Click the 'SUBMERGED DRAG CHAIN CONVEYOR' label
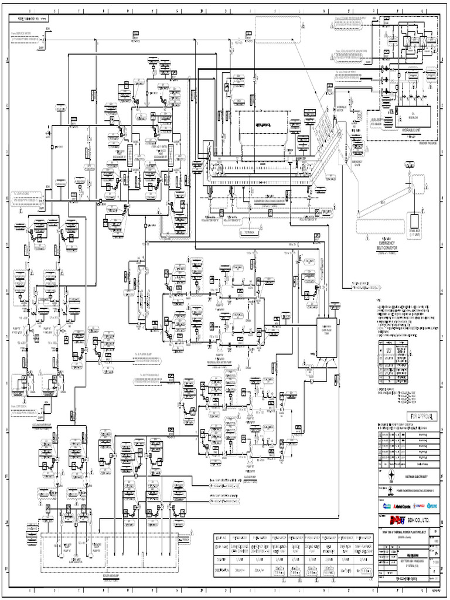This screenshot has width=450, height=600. [x=264, y=199]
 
